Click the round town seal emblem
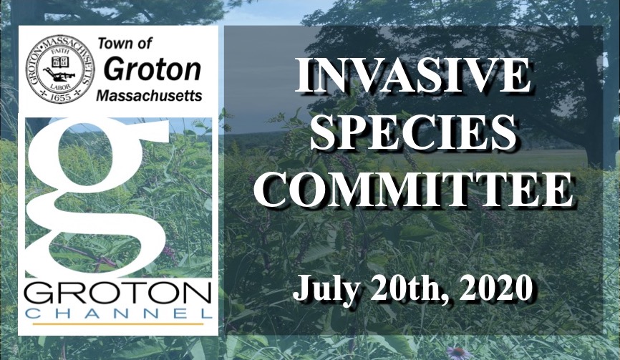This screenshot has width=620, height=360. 60,69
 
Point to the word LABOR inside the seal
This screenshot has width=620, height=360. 60,85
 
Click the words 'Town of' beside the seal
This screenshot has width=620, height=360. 125,44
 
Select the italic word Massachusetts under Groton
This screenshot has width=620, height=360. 149,95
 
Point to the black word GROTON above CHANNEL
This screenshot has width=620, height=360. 117,293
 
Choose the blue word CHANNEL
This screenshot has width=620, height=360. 120,313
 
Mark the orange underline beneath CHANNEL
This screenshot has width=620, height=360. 118,324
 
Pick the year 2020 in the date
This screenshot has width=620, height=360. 495,287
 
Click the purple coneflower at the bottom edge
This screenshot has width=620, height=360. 457,353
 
